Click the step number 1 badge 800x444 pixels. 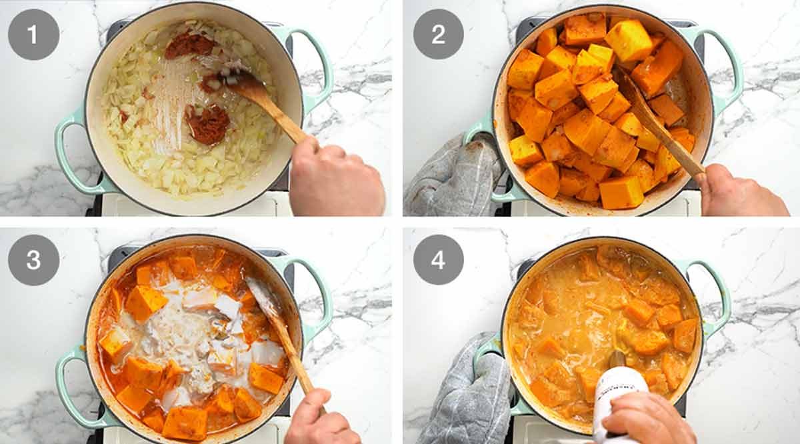(33, 35)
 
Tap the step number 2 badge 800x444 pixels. (438, 35)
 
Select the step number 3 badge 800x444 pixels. (33, 260)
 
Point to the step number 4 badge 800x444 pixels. (438, 260)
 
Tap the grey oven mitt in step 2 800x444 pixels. (453, 177)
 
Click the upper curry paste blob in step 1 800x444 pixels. (190, 45)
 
